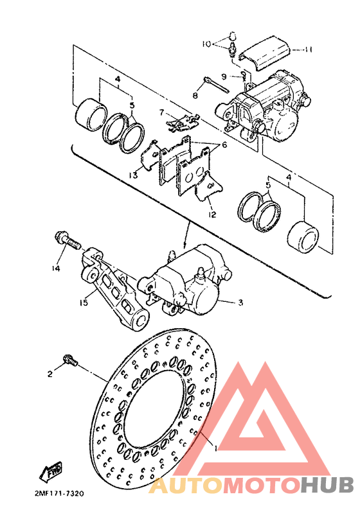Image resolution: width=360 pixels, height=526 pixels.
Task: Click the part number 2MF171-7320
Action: tap(56, 493)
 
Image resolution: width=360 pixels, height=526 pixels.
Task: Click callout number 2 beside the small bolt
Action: tap(49, 373)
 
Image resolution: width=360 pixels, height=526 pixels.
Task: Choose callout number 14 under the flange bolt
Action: tap(56, 268)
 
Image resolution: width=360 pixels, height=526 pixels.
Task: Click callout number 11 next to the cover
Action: tap(309, 49)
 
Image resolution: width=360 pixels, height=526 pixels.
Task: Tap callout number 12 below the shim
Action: tap(212, 215)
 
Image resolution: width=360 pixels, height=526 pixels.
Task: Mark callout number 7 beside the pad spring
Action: tap(162, 112)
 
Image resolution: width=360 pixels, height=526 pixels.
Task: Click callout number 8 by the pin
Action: tap(194, 95)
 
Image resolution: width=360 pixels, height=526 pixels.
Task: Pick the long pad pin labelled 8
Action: tap(215, 83)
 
